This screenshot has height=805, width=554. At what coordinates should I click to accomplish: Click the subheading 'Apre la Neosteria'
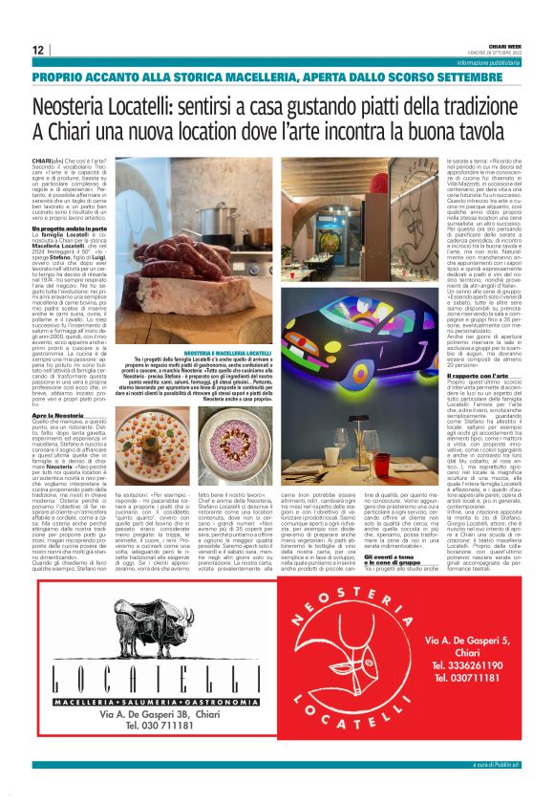click(56, 416)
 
